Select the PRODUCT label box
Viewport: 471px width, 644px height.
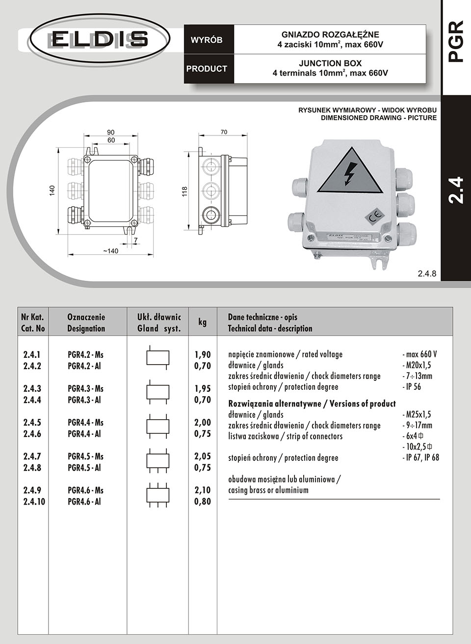coord(207,69)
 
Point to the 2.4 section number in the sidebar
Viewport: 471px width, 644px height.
coord(456,189)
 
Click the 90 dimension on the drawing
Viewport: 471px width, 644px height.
coord(111,132)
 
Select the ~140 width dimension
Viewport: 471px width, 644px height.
coord(110,251)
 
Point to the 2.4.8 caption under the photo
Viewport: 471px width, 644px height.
coord(426,274)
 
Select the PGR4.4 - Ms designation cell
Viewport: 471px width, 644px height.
coord(85,423)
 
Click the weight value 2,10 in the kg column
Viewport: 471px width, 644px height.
coord(203,490)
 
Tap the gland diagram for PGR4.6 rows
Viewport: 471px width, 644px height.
coord(158,494)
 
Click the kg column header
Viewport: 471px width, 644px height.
coord(202,322)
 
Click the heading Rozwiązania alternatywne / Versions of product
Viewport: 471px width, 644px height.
coord(312,404)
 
